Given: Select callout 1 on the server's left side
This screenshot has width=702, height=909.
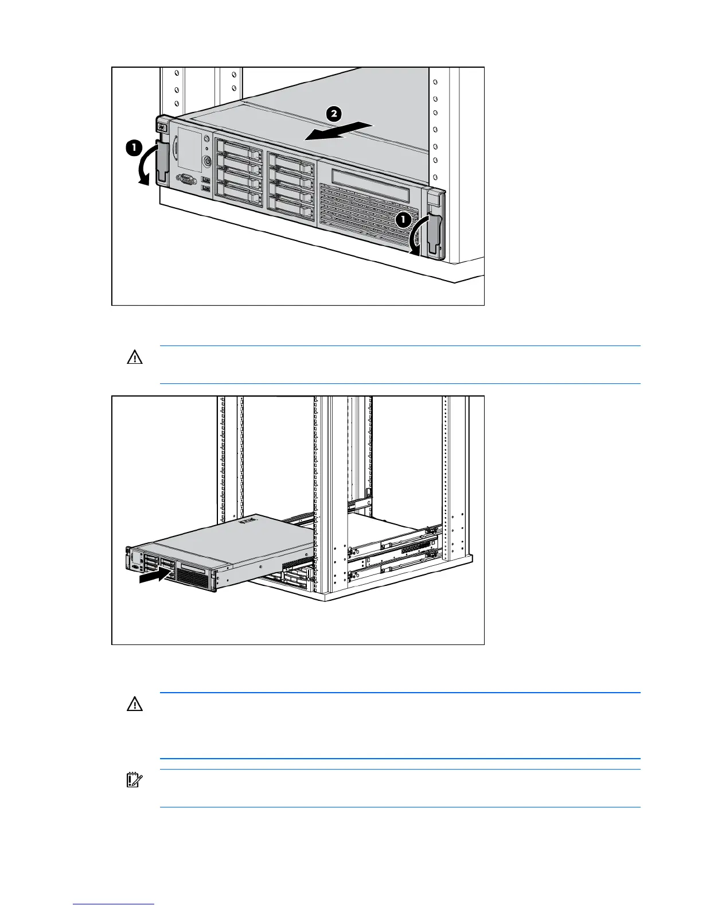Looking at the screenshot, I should coord(133,148).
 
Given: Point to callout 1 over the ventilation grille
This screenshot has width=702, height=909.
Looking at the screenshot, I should coord(403,219).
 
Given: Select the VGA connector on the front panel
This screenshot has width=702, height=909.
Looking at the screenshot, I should coord(187,180).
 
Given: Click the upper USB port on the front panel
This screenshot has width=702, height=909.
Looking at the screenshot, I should coord(206,180).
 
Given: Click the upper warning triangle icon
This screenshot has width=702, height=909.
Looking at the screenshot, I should coord(134,358).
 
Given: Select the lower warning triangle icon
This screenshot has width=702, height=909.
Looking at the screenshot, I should coord(134,704).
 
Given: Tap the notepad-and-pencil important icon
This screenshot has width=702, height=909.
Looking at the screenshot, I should coord(134,780).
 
